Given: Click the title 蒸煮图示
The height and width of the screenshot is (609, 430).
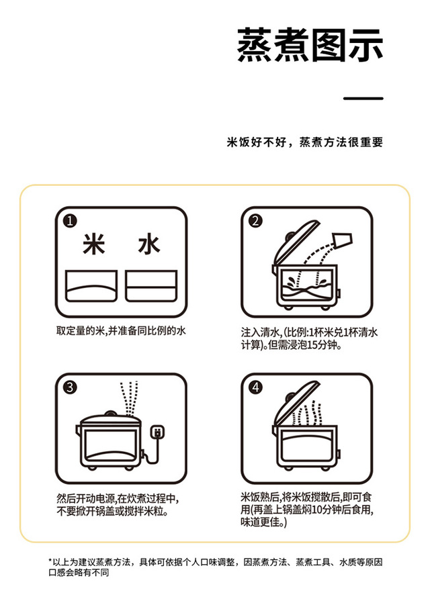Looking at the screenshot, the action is tap(310, 45).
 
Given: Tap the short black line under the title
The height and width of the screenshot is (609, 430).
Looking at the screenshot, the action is tap(363, 99).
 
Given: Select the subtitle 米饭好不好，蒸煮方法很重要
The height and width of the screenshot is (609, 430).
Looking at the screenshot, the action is tap(305, 142).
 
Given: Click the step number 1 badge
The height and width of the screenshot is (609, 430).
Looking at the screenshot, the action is tap(70, 221).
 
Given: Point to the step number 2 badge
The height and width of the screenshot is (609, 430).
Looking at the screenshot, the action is tap(255, 221).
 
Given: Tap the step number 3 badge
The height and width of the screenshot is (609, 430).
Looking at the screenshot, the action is tap(70, 387).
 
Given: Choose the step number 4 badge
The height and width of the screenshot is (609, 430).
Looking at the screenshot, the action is tap(255, 387).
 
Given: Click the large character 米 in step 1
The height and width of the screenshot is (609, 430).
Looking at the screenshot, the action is tap(94, 244).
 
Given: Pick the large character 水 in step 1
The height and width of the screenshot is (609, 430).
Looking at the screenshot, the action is tap(149, 244).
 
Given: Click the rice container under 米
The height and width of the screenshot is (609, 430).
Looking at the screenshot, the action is tap(91, 286).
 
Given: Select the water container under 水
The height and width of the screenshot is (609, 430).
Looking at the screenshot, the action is tap(151, 286).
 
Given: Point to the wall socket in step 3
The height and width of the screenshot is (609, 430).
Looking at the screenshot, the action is tap(157, 432).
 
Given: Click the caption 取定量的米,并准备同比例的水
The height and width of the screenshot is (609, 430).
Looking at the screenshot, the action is tap(121, 331).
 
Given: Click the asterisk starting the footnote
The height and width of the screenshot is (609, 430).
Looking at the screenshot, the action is tap(50, 561).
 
